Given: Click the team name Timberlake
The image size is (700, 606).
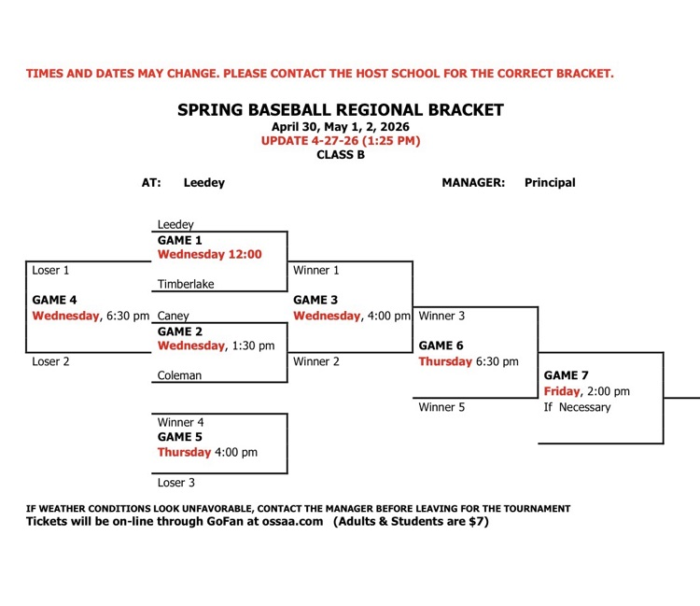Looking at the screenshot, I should click(186, 285).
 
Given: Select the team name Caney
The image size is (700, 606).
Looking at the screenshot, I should click(174, 316).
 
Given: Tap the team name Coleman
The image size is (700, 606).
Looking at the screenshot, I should click(179, 375).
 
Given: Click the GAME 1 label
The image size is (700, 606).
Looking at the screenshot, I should click(179, 240).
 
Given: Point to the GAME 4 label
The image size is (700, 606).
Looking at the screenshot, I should click(55, 300).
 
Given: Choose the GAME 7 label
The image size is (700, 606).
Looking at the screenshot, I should click(567, 375).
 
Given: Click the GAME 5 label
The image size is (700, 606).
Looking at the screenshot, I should click(179, 436).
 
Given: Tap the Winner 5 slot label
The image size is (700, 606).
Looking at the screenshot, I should click(442, 407).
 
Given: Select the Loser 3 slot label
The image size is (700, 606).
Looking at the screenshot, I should click(177, 483).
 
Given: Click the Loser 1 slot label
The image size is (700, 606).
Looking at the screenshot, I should click(51, 270).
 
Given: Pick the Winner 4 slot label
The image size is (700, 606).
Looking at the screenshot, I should click(181, 422).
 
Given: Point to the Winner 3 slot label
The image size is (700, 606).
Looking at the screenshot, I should click(442, 316).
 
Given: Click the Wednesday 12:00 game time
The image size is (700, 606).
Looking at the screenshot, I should click(210, 254).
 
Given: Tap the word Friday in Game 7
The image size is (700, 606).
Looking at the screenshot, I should click(562, 391).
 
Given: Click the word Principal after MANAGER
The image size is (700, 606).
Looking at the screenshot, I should click(550, 183).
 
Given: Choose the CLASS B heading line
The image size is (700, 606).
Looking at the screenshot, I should click(341, 155).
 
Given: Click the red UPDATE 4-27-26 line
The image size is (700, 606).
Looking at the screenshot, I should click(341, 141).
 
